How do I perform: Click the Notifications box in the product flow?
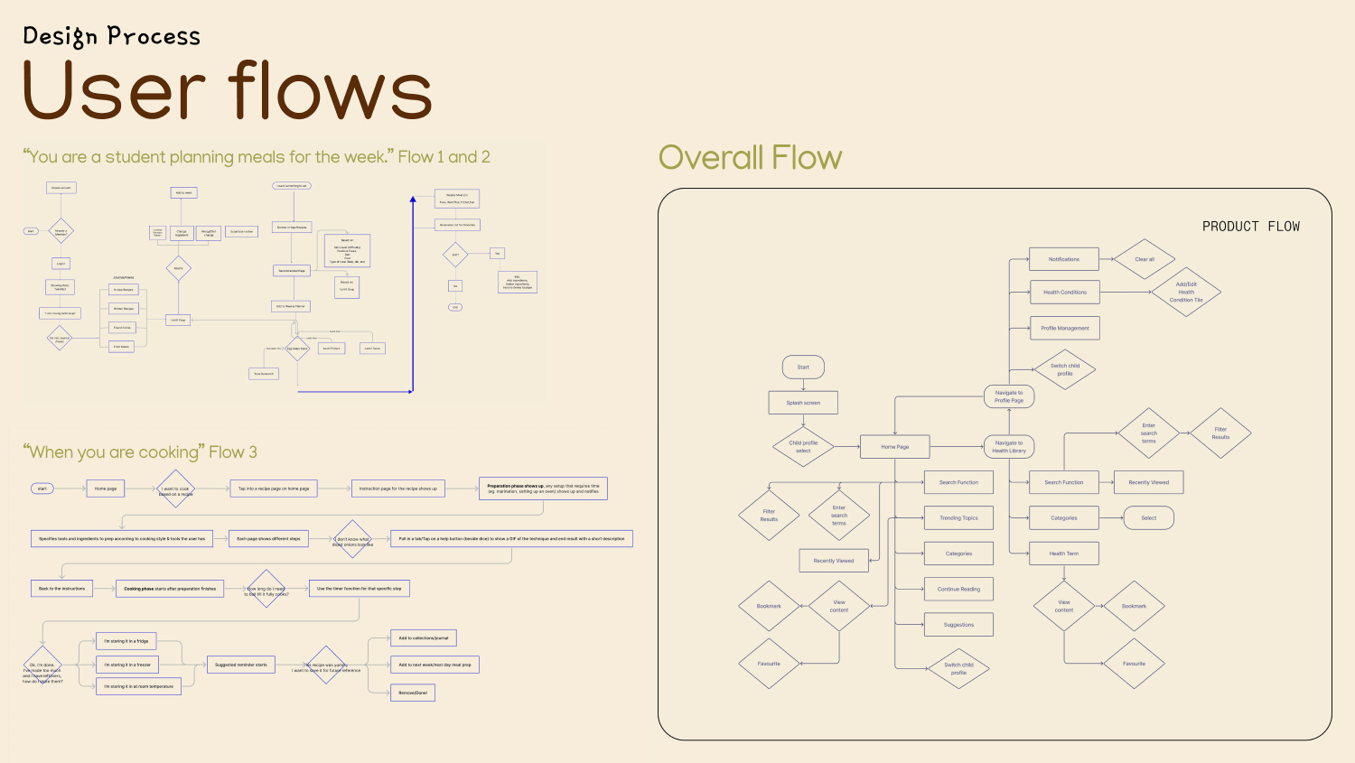[x=1064, y=259]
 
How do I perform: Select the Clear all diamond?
[x=1145, y=259]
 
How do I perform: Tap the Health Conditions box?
[x=1065, y=293]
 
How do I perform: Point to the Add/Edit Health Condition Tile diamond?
[x=1186, y=292]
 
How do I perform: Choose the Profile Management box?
[x=1065, y=328]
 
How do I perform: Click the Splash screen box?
[x=803, y=403]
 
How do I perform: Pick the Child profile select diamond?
[x=803, y=447]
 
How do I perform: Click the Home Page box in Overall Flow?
[x=895, y=447]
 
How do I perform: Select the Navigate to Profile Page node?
[x=1009, y=396]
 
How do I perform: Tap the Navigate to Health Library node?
[x=1009, y=447]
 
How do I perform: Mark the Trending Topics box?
[x=958, y=518]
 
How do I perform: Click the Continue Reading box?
[x=958, y=590]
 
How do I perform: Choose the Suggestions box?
[x=958, y=625]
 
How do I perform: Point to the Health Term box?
[x=1064, y=554]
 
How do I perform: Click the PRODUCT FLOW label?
[x=1251, y=227]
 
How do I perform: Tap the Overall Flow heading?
[x=750, y=158]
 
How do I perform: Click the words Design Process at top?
[x=111, y=36]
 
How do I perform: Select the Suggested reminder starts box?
[x=241, y=665]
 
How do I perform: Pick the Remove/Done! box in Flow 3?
[x=413, y=693]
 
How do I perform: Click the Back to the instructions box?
[x=61, y=589]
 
